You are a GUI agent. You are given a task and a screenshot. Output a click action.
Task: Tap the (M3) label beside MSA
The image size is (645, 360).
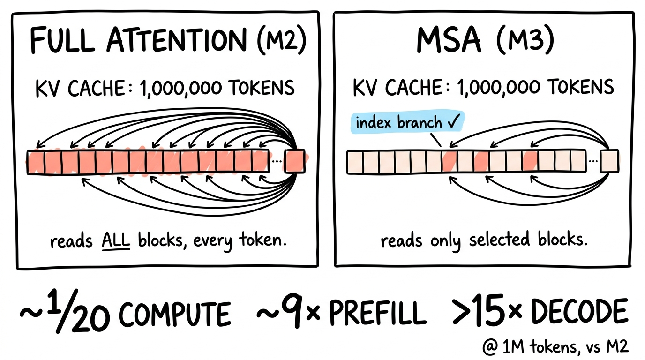[x=526, y=40]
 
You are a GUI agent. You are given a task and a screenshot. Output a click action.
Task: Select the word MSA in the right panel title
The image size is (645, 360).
[x=449, y=40]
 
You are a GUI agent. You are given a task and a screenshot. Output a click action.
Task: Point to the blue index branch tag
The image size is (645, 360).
[x=407, y=122]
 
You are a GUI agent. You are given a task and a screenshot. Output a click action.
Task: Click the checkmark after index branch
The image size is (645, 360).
[x=454, y=121]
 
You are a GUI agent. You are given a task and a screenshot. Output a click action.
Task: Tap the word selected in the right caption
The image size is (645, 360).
[x=499, y=239]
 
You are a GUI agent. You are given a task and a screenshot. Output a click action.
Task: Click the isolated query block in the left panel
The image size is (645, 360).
[x=294, y=161]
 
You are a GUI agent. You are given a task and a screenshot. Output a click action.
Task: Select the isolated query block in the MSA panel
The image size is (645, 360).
[x=609, y=161]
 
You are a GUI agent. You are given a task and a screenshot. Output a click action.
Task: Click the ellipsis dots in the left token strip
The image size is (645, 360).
[x=277, y=161]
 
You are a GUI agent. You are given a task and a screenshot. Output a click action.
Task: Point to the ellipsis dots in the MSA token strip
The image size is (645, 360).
[x=593, y=161]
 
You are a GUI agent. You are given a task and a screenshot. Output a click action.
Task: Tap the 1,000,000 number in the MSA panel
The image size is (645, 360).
[x=498, y=88]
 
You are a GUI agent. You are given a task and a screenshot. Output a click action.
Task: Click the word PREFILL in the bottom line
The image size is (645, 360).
[x=378, y=313]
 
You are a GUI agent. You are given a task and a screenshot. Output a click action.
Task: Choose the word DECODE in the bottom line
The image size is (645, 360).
[x=580, y=312]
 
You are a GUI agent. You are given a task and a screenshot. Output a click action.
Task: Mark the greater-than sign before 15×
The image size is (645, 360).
[x=462, y=312]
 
